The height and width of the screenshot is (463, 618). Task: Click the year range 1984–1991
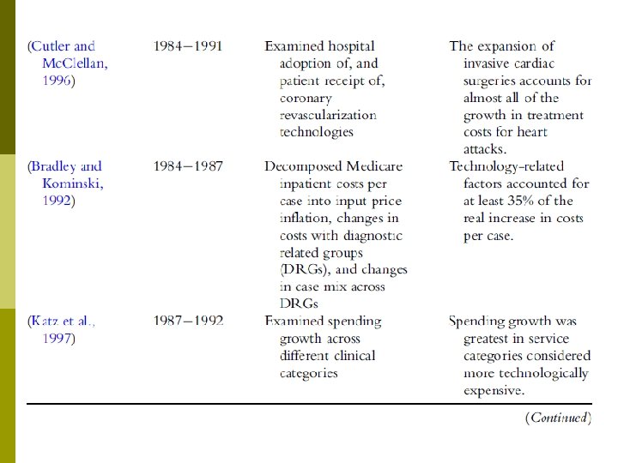tap(188, 46)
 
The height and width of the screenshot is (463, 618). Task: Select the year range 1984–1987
tap(188, 166)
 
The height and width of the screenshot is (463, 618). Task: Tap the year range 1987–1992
tap(188, 322)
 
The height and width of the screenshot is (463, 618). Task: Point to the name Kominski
tap(71, 183)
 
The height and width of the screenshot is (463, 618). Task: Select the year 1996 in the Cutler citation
tap(57, 81)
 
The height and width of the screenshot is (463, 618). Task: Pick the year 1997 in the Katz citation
tap(57, 339)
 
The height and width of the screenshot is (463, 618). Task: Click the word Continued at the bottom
tap(558, 418)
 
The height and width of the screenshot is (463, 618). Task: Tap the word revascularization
tap(328, 115)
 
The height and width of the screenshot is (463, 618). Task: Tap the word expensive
tap(493, 390)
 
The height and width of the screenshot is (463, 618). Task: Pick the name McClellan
tap(75, 63)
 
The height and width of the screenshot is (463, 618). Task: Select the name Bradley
tap(56, 166)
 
